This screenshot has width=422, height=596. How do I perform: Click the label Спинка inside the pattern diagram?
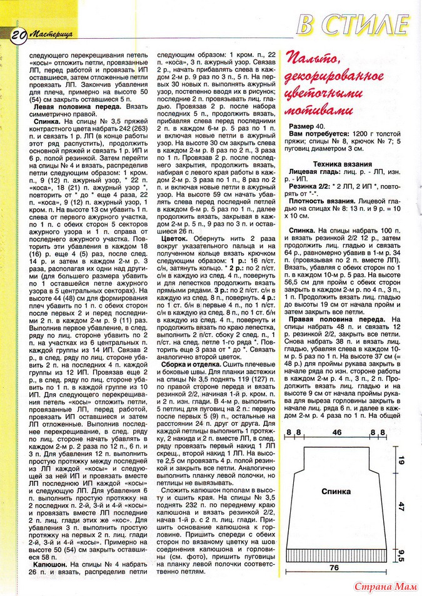click(x=336, y=492)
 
